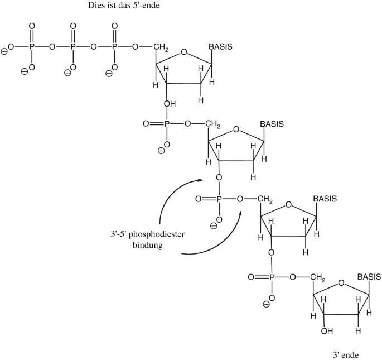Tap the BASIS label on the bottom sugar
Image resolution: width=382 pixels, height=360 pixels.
[369, 276]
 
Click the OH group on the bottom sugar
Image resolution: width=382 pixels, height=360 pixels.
[327, 331]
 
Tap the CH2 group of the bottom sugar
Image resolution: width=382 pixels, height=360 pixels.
[317, 276]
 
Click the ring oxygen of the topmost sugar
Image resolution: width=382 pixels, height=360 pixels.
[185, 54]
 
